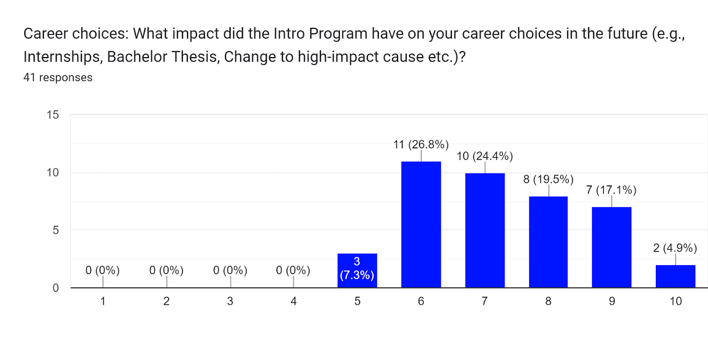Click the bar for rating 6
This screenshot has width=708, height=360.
421,225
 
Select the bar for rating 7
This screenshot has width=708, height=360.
485,230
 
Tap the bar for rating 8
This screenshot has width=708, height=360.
548,242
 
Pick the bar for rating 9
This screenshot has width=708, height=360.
612,247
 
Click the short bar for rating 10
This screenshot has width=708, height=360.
675,276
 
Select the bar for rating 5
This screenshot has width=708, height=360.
357,271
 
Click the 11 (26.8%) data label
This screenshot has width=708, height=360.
421,144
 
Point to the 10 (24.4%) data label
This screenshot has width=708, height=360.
485,156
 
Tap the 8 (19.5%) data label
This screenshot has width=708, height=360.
548,179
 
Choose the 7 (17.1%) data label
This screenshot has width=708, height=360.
611,190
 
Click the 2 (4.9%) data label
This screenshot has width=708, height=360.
675,248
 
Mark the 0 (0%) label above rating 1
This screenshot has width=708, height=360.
103,270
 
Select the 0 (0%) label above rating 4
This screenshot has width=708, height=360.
293,270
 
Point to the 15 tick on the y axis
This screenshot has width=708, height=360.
53,115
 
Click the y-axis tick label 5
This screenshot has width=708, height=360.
56,230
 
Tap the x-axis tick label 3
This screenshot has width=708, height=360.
230,302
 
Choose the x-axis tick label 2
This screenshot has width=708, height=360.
166,302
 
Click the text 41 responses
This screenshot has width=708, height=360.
58,77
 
